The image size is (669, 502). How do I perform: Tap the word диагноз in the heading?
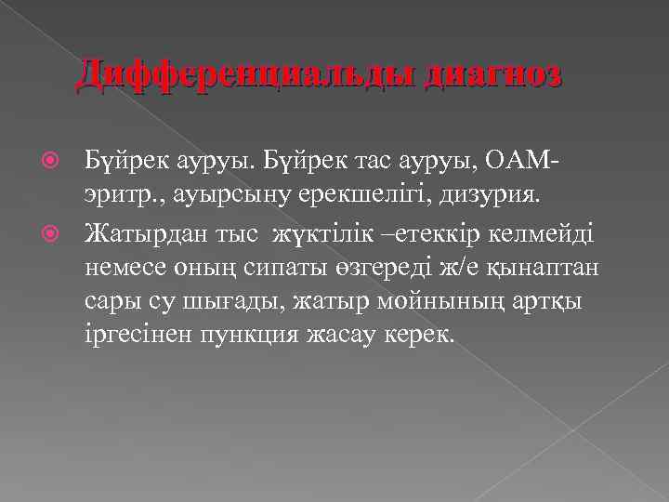(x=492, y=73)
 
